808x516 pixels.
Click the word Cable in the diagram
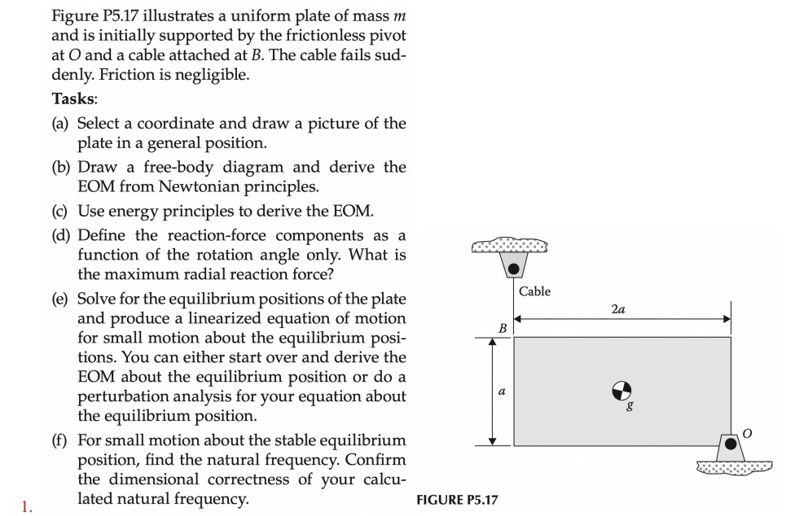coord(534,291)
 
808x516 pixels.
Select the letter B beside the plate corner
coord(503,327)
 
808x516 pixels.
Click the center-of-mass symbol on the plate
coord(621,391)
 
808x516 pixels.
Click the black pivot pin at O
coord(731,444)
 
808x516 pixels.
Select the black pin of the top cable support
coord(513,267)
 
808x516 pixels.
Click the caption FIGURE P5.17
coord(456,499)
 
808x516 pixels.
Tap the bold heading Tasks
coord(75,98)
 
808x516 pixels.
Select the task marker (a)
coord(62,124)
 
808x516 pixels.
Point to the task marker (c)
coord(62,212)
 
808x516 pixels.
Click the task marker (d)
coord(62,235)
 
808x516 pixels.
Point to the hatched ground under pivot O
coord(734,466)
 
